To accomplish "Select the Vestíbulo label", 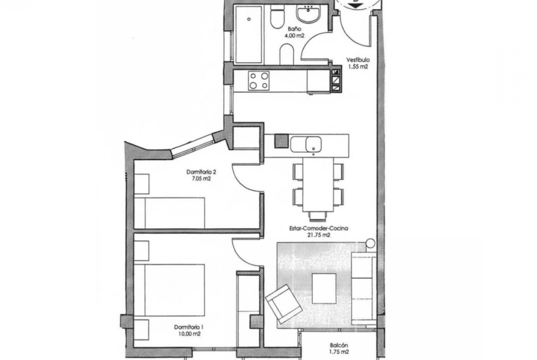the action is [358, 60].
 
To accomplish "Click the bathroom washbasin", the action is [309, 14].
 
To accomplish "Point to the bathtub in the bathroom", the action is [249, 34].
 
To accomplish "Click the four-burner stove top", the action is [259, 80].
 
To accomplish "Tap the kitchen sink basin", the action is [313, 144].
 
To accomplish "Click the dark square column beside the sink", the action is [281, 141].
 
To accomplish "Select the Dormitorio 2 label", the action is [201, 172].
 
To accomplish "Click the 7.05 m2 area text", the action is [201, 178].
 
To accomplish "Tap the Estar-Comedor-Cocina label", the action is [319, 228].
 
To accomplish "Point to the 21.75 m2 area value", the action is [319, 235].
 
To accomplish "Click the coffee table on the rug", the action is [324, 288].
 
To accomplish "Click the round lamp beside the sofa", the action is [370, 244].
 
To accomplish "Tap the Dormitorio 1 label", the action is [188, 327].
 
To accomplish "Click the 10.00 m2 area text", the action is [190, 334].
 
